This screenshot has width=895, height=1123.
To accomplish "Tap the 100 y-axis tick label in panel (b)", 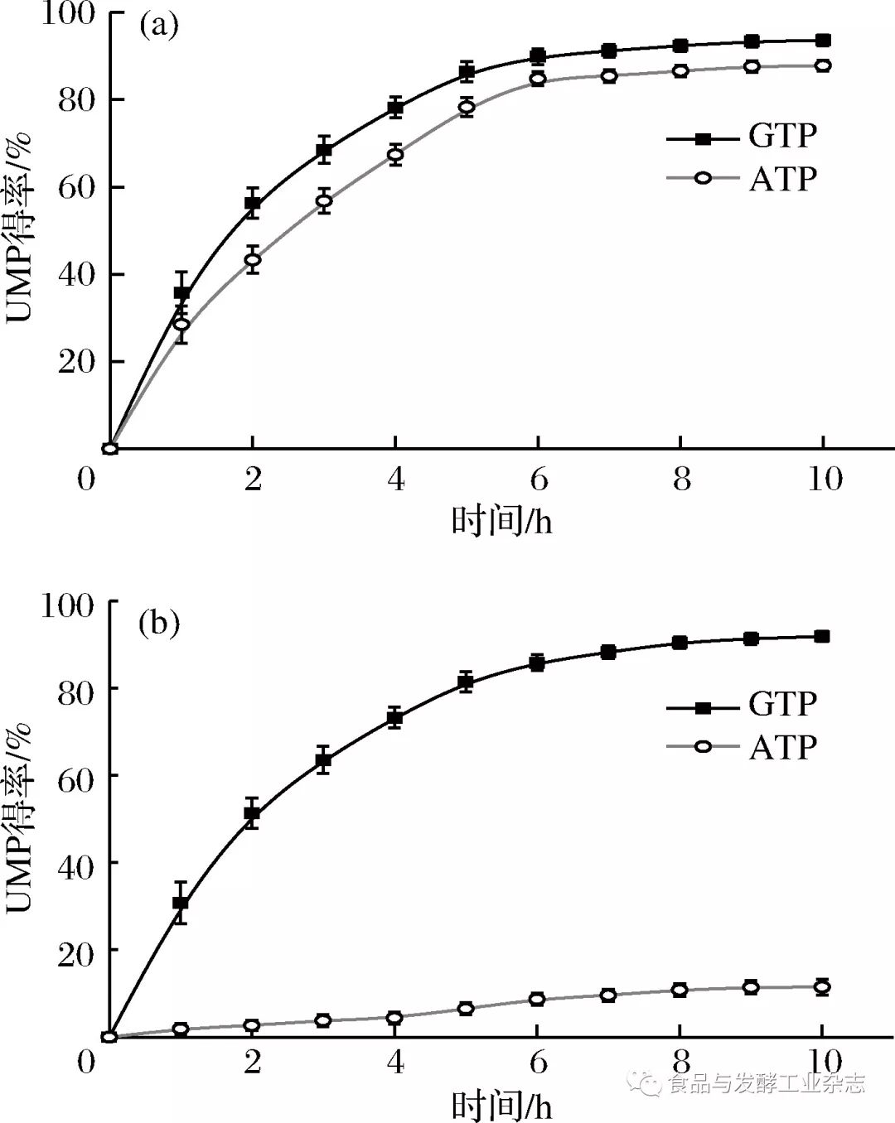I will (68, 605).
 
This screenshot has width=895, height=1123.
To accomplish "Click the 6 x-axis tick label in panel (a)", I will (539, 479).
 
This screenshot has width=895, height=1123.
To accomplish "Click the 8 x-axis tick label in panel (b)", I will (681, 1062).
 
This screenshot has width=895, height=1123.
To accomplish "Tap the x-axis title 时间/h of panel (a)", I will (502, 522).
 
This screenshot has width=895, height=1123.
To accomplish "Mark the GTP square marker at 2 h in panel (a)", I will (253, 204).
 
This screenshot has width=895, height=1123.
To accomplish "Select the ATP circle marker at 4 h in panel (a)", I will (395, 154).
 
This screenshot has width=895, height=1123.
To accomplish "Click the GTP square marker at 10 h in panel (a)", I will (823, 41).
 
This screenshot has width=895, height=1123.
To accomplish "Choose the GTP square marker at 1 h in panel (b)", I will (181, 903).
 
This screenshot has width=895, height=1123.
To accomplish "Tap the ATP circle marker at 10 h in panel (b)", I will (822, 986).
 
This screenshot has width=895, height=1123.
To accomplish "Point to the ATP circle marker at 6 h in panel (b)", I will (537, 999).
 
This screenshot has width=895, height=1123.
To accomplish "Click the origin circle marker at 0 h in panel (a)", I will (109, 449).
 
